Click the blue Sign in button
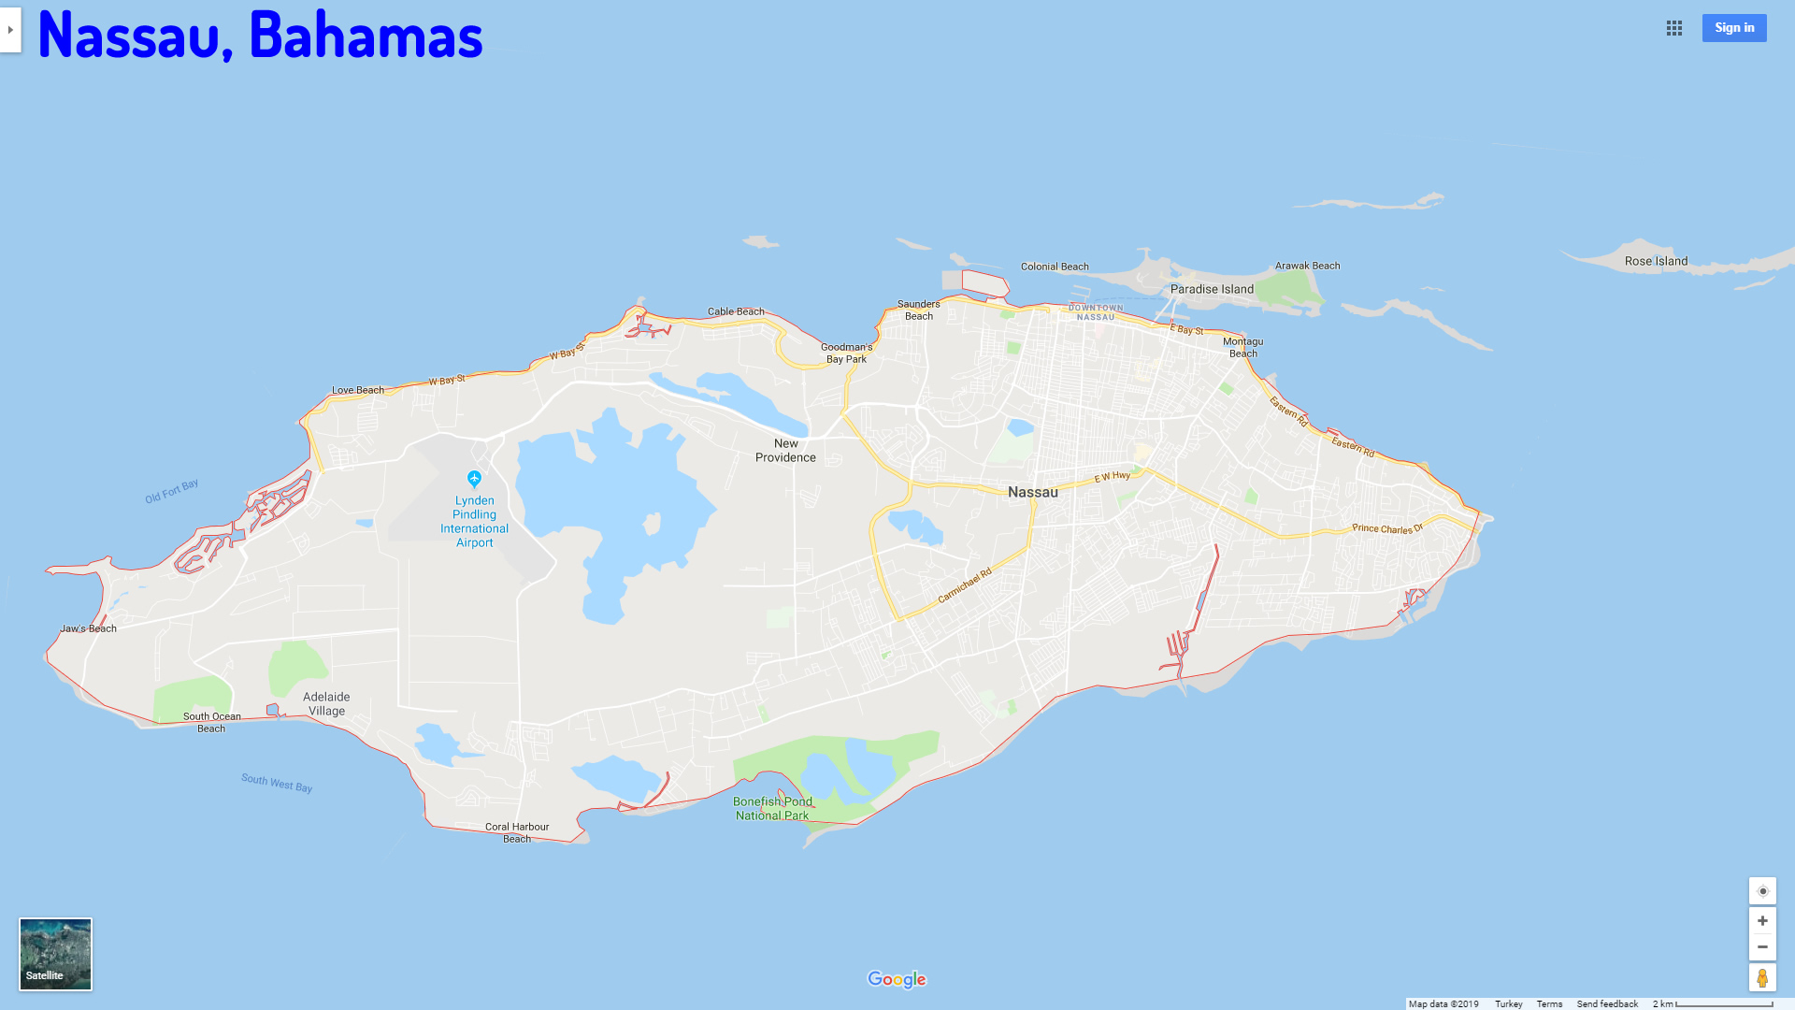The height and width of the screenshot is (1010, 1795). click(1733, 28)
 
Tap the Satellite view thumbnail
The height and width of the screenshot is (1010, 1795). click(56, 953)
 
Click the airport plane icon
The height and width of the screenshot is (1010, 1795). click(474, 479)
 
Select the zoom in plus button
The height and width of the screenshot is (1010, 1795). click(1762, 921)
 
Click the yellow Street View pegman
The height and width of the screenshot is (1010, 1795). click(1762, 977)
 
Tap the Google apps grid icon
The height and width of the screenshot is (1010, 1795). click(1673, 28)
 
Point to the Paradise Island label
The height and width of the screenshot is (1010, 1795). click(1212, 289)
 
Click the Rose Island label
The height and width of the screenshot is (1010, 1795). click(1656, 261)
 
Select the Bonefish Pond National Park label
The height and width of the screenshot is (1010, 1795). click(772, 808)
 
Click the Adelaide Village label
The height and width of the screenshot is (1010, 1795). click(326, 703)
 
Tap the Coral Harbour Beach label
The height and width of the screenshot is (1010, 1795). click(517, 832)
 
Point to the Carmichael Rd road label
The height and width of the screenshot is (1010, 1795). click(965, 585)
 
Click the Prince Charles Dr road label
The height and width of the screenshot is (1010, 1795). click(1387, 528)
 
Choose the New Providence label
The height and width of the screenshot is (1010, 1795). click(785, 450)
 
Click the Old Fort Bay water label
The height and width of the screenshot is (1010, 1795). click(172, 491)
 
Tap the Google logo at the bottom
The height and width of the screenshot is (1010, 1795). click(897, 979)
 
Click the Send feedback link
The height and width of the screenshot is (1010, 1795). click(1607, 1003)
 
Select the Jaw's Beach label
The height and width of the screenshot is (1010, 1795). click(89, 628)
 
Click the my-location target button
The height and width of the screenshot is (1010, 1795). click(1762, 891)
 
